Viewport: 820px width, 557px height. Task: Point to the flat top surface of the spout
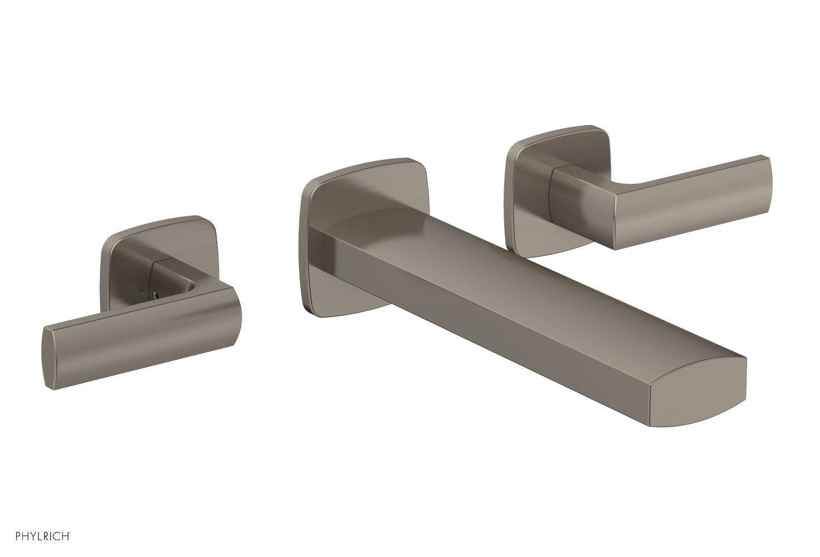(x=501, y=267)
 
